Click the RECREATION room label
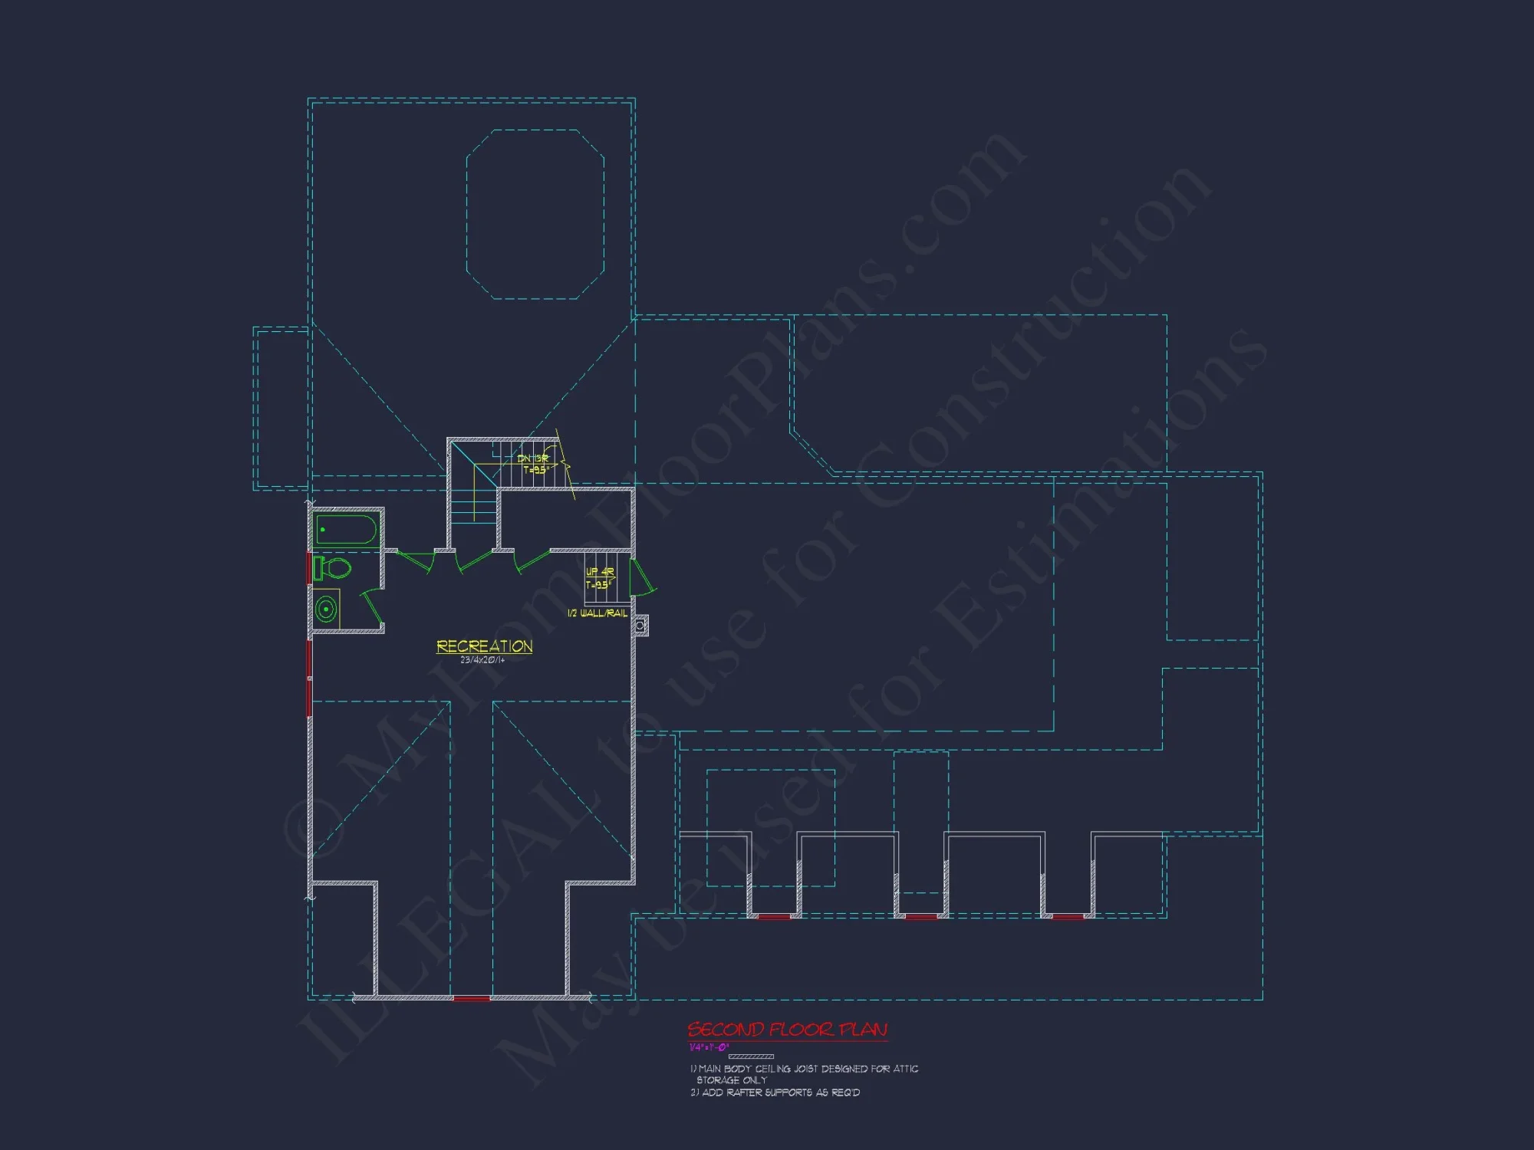click(484, 646)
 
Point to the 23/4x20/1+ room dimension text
click(482, 660)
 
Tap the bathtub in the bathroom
click(347, 530)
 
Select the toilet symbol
click(333, 568)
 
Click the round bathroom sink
click(327, 609)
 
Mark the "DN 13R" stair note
click(533, 458)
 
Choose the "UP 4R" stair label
click(600, 572)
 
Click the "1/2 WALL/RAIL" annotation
click(597, 613)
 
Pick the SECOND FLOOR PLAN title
click(787, 1030)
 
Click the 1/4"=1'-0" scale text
click(708, 1047)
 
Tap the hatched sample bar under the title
click(750, 1056)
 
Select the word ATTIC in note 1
click(905, 1069)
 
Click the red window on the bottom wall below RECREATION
click(472, 998)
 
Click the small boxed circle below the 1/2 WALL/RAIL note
click(640, 626)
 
